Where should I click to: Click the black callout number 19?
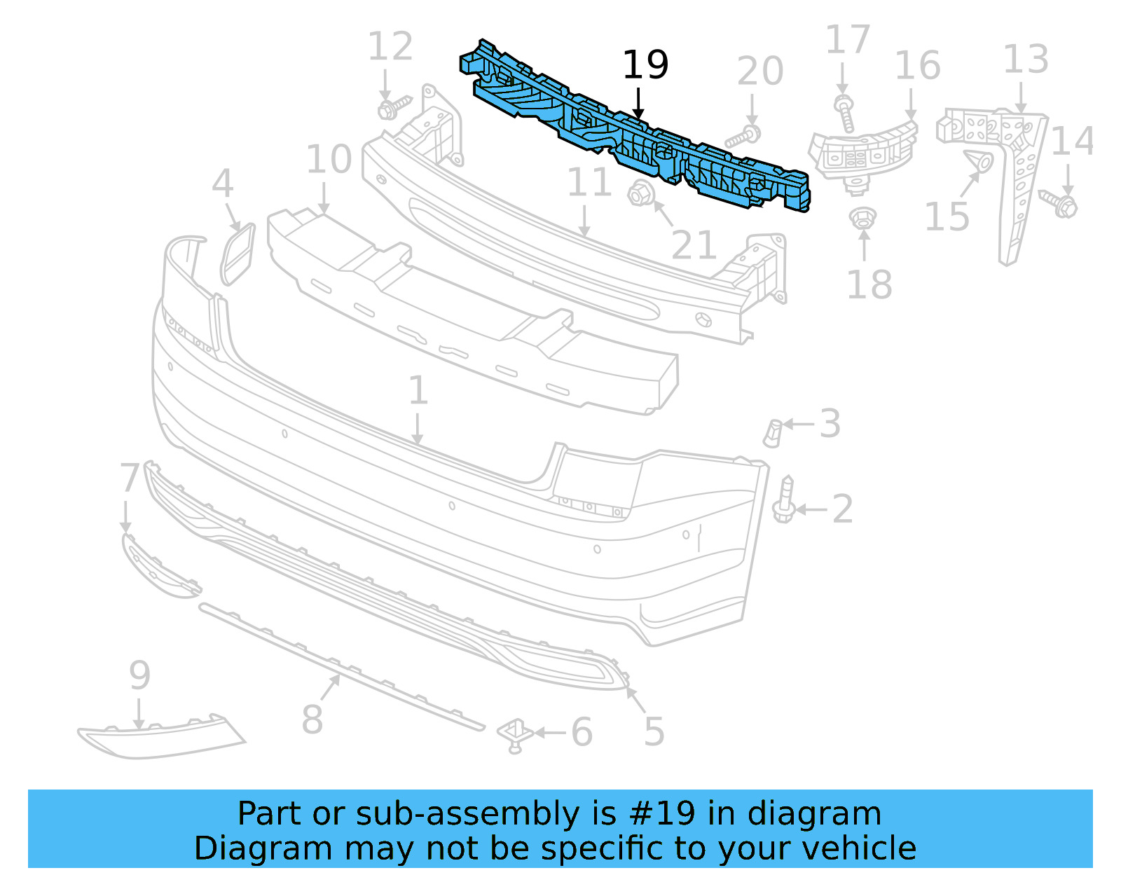(x=645, y=65)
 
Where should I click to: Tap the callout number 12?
(x=390, y=46)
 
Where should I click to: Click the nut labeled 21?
(x=640, y=195)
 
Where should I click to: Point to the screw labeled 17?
(x=844, y=112)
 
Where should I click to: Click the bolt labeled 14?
(x=1059, y=204)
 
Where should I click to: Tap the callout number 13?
(x=1026, y=60)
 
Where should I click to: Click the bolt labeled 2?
(x=784, y=499)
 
